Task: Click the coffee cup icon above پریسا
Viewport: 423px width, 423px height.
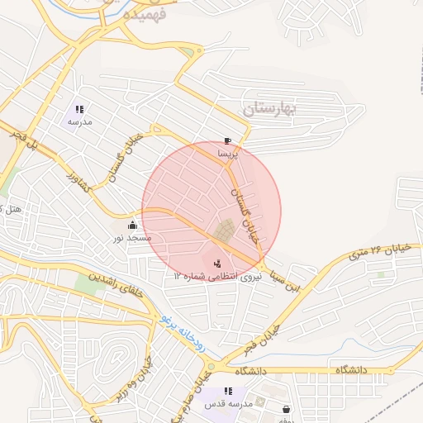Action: tap(227, 141)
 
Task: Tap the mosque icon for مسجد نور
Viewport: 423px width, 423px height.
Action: tap(132, 225)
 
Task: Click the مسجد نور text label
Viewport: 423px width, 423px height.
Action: tap(132, 238)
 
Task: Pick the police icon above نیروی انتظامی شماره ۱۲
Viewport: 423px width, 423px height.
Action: tap(216, 264)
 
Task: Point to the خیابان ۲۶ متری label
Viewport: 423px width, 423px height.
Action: tap(379, 250)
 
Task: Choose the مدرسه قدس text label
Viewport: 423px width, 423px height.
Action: tap(226, 405)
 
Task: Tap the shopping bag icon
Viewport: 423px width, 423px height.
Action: tap(287, 408)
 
